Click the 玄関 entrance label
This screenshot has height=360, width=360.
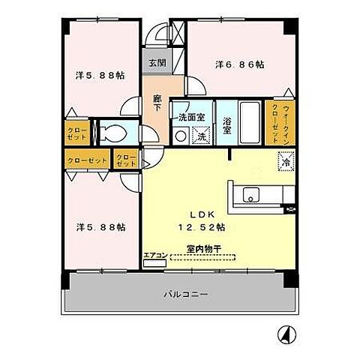pos(155,64)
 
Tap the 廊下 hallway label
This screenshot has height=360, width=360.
pos(157,103)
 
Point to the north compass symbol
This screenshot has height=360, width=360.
pos(286,333)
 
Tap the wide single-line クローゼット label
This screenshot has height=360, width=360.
pos(85,160)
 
